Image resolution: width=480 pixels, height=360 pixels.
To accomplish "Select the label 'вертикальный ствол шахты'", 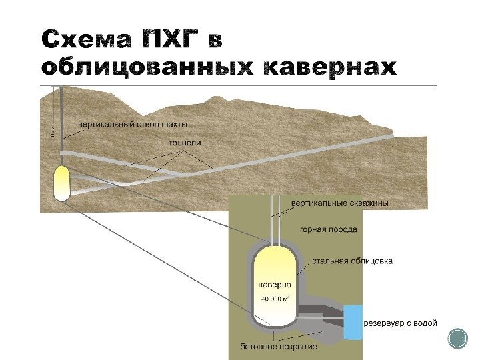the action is click(x=133, y=124).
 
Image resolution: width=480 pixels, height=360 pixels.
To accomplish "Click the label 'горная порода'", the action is click(x=328, y=229).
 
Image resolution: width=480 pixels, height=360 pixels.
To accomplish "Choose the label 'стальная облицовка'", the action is click(x=353, y=261).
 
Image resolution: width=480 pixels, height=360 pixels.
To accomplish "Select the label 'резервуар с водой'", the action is click(x=401, y=324).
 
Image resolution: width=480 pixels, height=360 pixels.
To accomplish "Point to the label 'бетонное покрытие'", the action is click(x=279, y=347).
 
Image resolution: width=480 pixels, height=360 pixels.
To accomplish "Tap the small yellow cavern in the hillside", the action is click(x=61, y=182).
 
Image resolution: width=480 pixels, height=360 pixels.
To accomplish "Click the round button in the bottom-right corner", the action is click(x=458, y=339).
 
